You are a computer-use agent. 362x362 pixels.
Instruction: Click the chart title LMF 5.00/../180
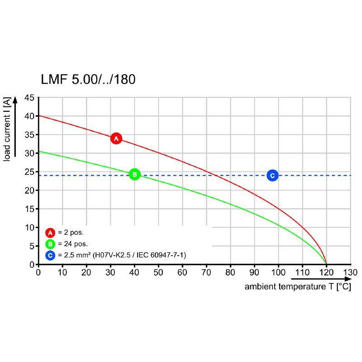click(x=88, y=80)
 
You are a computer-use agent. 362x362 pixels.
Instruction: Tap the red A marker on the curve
click(x=116, y=138)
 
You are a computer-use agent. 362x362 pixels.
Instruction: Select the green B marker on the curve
click(x=134, y=174)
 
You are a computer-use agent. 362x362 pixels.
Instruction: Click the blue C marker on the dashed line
click(x=272, y=175)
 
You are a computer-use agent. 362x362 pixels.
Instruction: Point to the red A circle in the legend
click(x=50, y=233)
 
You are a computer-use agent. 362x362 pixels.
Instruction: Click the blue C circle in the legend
click(x=50, y=256)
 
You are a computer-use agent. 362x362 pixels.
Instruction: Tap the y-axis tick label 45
click(x=29, y=98)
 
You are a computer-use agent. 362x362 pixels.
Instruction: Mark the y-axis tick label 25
click(x=29, y=172)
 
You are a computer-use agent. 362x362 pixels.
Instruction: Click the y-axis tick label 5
click(x=31, y=246)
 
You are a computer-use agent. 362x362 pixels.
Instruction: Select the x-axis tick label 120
click(x=326, y=272)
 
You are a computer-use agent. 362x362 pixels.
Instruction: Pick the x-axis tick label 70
click(x=206, y=272)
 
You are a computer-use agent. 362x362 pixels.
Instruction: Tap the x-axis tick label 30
click(x=110, y=272)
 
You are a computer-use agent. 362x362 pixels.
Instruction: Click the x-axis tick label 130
click(x=350, y=272)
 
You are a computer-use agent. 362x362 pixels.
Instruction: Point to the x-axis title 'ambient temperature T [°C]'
click(x=297, y=287)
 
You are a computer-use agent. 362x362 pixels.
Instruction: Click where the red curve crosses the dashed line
click(x=214, y=175)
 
